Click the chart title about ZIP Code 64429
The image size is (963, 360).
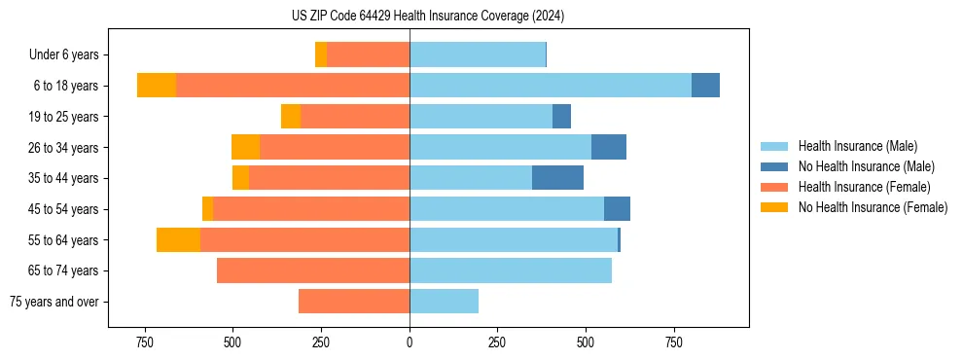click(x=428, y=16)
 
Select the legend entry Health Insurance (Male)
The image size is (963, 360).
click(x=857, y=146)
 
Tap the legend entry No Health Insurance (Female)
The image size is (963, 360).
click(x=873, y=207)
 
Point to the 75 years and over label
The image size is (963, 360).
click(x=53, y=302)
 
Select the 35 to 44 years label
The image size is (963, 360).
click(x=63, y=178)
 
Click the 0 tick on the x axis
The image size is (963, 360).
click(x=410, y=342)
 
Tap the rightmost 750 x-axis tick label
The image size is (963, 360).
click(x=674, y=342)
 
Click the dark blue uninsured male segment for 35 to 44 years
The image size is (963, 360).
click(x=557, y=178)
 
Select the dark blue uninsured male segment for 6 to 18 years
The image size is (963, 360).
click(x=705, y=86)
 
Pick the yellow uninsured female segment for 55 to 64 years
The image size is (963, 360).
click(x=178, y=240)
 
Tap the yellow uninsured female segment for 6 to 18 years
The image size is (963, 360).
click(x=157, y=86)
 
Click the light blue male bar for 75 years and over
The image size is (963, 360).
click(x=444, y=302)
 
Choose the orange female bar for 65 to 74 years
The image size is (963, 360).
click(x=313, y=270)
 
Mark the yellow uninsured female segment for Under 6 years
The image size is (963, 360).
click(x=321, y=55)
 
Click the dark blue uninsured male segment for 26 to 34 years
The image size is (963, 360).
click(x=609, y=147)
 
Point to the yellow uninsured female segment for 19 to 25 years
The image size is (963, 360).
click(x=291, y=117)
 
